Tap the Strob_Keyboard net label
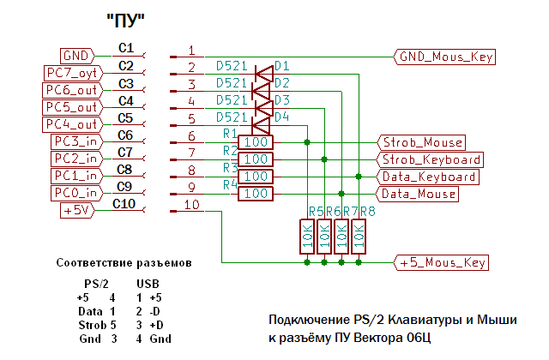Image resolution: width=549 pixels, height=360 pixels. pyautogui.click(x=430, y=159)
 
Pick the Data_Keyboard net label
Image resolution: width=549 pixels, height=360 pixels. pyautogui.click(x=428, y=177)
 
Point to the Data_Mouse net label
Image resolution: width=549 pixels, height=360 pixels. pyautogui.click(x=419, y=194)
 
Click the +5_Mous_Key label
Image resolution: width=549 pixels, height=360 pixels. pyautogui.click(x=443, y=262)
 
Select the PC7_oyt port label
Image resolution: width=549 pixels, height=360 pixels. pyautogui.click(x=73, y=73)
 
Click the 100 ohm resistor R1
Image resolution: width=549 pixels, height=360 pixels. pyautogui.click(x=256, y=142)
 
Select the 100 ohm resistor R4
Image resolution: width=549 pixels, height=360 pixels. pyautogui.click(x=256, y=194)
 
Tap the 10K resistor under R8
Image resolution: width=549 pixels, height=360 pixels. pyautogui.click(x=359, y=237)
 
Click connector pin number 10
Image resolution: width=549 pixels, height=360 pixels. pyautogui.click(x=191, y=204)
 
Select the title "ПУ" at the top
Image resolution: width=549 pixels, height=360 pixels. pyautogui.click(x=124, y=18)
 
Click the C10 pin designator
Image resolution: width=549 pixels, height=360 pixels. pyautogui.click(x=124, y=203)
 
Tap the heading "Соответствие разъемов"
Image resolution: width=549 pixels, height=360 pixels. pyautogui.click(x=124, y=261)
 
